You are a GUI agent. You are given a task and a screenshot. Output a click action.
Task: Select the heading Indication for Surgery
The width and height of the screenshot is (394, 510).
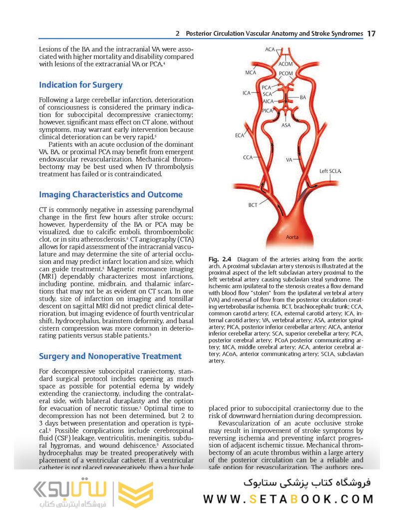(x=80, y=85)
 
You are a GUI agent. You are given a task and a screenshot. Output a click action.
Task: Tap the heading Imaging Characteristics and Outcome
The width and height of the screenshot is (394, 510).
(x=110, y=194)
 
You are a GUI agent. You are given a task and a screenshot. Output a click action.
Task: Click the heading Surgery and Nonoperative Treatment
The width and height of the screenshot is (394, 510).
(x=110, y=356)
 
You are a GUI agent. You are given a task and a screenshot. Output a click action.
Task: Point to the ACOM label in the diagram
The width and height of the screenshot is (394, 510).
(x=286, y=64)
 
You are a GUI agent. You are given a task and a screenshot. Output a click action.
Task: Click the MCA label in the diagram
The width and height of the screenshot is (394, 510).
(x=251, y=72)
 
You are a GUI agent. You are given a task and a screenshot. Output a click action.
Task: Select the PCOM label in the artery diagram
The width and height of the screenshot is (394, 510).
(x=286, y=73)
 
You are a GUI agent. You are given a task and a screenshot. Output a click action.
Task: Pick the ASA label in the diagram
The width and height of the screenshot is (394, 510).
(x=286, y=125)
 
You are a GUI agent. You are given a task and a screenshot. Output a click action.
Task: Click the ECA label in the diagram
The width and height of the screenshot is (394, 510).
(x=240, y=135)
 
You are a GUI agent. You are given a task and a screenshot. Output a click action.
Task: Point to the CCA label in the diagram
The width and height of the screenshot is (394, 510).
(x=248, y=157)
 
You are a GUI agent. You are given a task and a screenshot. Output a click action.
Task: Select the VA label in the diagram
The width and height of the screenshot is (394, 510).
(x=289, y=160)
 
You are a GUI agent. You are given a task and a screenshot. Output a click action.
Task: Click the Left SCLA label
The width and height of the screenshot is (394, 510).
(x=331, y=171)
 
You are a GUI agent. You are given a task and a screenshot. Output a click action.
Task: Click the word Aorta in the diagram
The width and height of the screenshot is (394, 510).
(x=292, y=237)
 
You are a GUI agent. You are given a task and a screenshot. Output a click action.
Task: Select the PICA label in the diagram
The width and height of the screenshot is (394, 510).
(x=267, y=110)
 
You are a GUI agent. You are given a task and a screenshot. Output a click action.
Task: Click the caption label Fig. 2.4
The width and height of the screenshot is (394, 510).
(x=220, y=260)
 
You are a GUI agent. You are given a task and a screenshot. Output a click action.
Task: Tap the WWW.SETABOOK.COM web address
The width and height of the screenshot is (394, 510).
(x=289, y=499)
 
